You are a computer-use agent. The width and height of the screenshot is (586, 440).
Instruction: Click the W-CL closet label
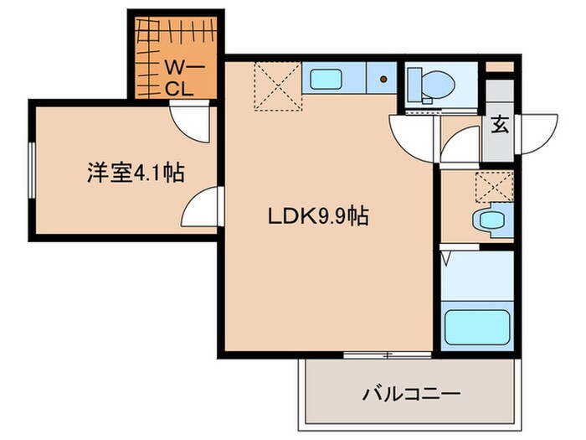[178, 75]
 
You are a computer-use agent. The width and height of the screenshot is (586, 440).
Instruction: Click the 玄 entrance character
[500, 127]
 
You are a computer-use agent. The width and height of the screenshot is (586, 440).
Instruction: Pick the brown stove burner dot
[385, 80]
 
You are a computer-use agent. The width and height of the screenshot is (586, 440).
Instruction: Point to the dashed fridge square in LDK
[274, 86]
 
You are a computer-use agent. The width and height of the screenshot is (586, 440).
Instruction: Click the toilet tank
[415, 83]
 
